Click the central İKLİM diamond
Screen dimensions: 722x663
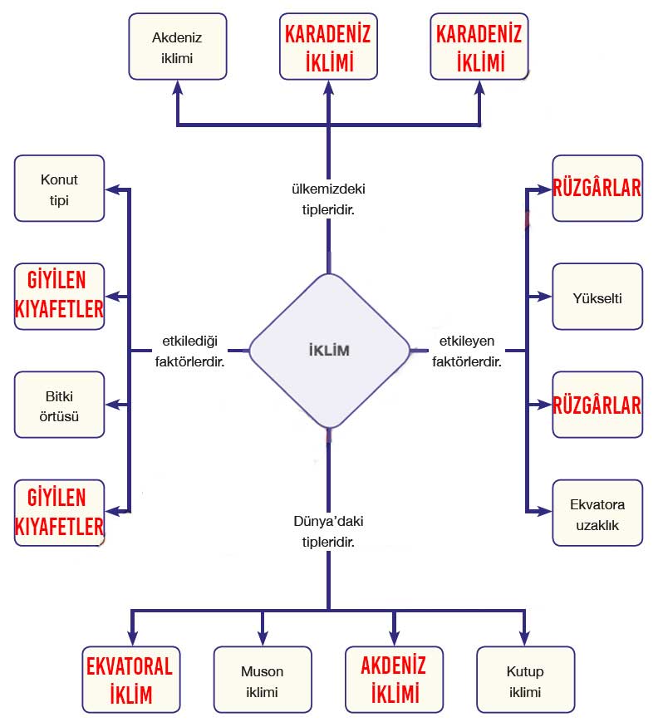tap(329, 350)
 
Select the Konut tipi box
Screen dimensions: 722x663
tap(60, 188)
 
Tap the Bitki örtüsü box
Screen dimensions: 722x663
tap(60, 404)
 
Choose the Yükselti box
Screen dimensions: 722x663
tap(597, 297)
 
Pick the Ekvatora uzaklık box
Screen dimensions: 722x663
tap(597, 513)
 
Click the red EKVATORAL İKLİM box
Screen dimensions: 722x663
tap(130, 679)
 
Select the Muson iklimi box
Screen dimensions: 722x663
tap(262, 680)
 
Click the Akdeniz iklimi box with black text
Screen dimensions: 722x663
tap(177, 47)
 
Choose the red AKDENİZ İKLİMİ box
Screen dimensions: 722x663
tap(393, 679)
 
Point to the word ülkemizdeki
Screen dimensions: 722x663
tap(327, 189)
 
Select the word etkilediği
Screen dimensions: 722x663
tap(190, 341)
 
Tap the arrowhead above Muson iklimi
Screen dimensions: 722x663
tap(262, 633)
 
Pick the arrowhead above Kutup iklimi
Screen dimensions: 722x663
tap(523, 633)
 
